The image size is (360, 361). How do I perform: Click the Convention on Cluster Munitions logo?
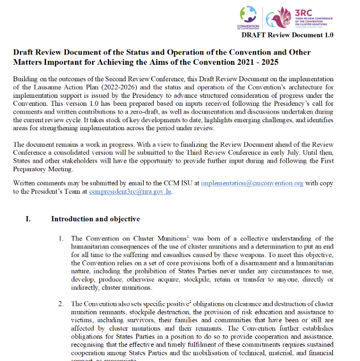(x=248, y=18)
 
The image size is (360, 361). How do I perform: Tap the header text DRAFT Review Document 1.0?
(x=287, y=35)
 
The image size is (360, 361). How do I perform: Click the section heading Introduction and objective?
(x=95, y=219)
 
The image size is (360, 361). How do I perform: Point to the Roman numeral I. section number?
(x=28, y=219)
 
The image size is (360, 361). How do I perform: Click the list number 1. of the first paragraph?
(x=62, y=238)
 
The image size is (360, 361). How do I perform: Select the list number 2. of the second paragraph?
(x=62, y=304)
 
